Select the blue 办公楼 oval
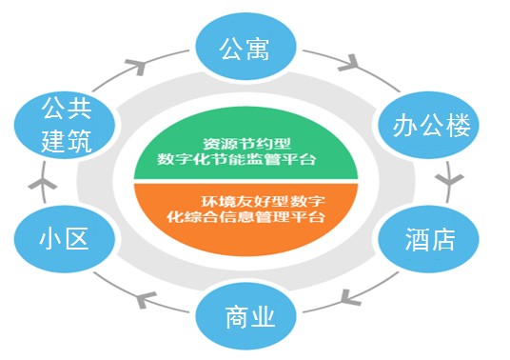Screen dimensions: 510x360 (x=429, y=125)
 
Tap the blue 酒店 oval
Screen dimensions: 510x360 (x=429, y=239)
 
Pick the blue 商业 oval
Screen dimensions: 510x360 (x=245, y=316)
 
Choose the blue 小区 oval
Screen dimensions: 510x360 (x=65, y=239)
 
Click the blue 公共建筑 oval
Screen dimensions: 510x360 (x=65, y=125)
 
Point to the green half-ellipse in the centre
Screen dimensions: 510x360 (x=245, y=145)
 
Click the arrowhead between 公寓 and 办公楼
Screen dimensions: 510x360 (x=349, y=64)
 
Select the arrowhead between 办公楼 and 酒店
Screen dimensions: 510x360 (x=449, y=180)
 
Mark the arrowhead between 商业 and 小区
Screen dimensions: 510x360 (x=145, y=299)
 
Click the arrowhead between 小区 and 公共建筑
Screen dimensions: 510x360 (x=43, y=184)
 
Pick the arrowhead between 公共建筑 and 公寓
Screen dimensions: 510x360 (x=136, y=66)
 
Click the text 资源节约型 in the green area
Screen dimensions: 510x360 (x=246, y=144)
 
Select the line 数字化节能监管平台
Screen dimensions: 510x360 (x=237, y=159)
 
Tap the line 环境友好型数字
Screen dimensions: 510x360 (x=263, y=202)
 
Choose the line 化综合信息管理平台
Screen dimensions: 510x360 (x=245, y=217)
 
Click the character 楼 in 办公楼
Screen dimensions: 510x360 (x=458, y=126)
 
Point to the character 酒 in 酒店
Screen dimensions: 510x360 (x=417, y=239)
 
